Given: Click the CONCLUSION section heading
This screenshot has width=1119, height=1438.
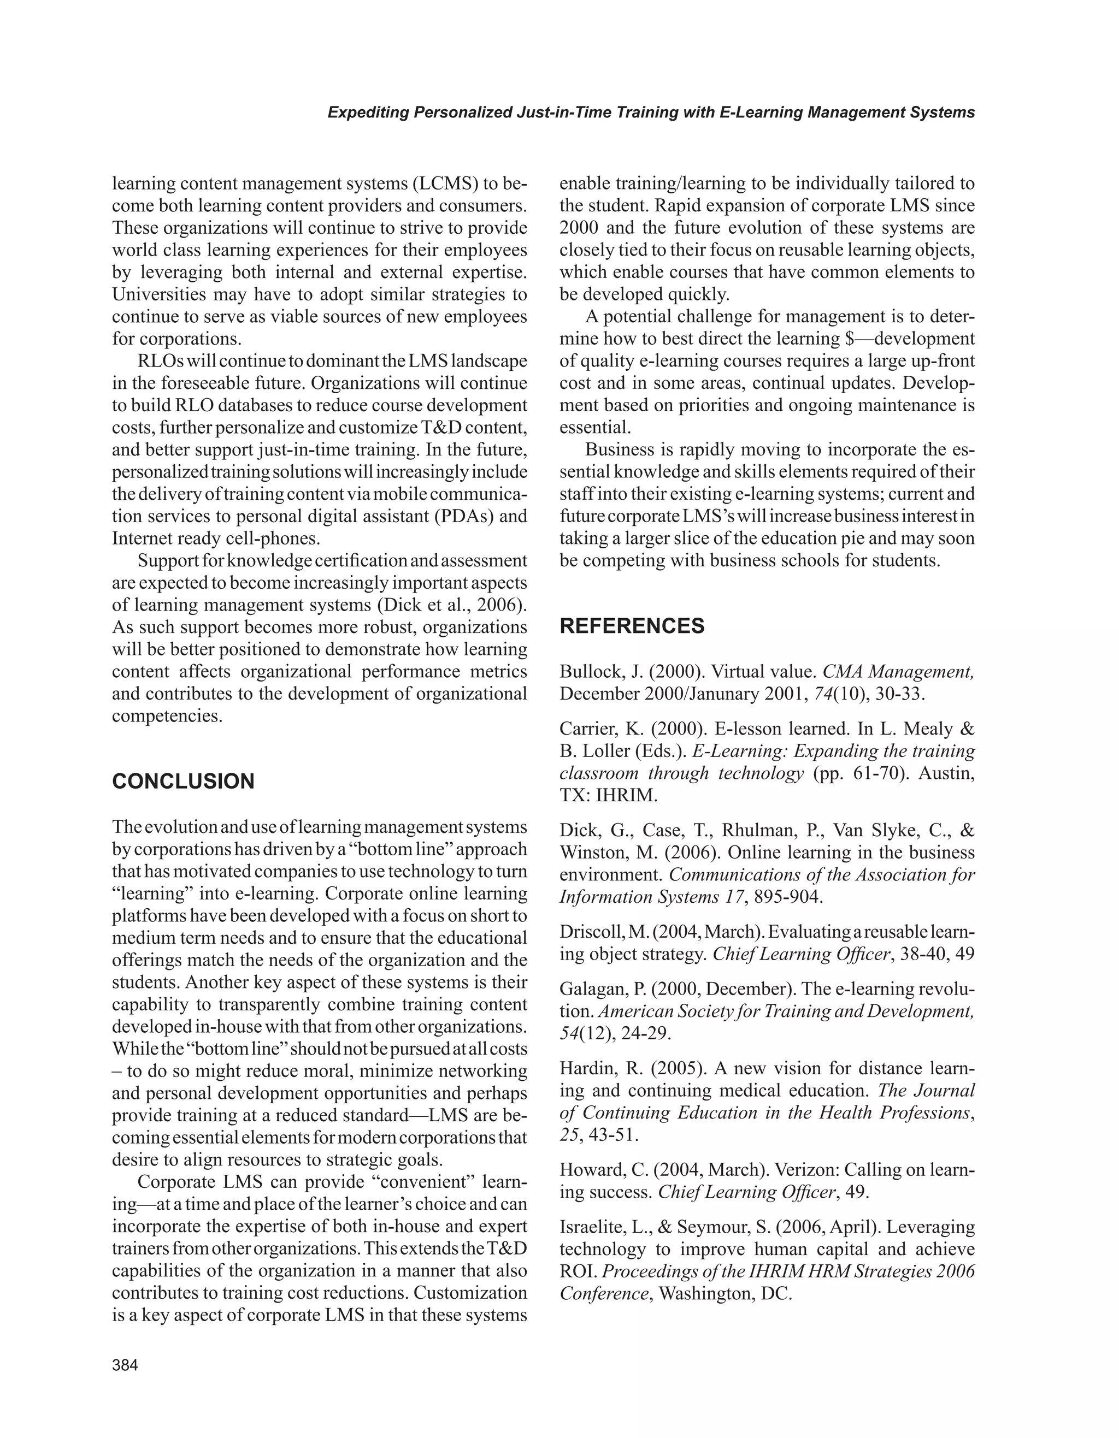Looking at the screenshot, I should click(183, 782).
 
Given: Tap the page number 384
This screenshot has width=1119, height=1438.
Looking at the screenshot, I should click(125, 1365).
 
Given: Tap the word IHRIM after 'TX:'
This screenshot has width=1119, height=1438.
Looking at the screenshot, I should click(627, 795).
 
